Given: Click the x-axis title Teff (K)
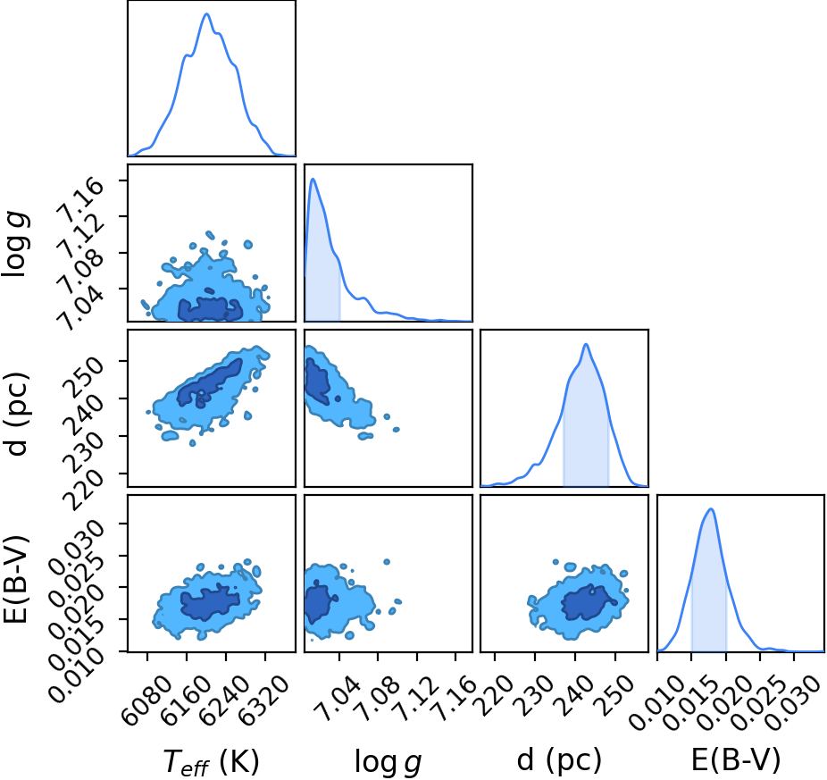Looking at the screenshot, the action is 212,762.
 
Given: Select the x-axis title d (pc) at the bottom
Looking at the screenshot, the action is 559,761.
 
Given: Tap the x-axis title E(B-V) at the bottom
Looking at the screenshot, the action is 736,760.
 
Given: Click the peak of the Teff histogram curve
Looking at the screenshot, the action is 207,13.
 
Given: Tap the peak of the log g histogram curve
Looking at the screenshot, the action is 313,179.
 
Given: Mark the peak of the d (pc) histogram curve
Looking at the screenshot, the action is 586,344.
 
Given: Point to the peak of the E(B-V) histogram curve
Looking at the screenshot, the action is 711,508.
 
